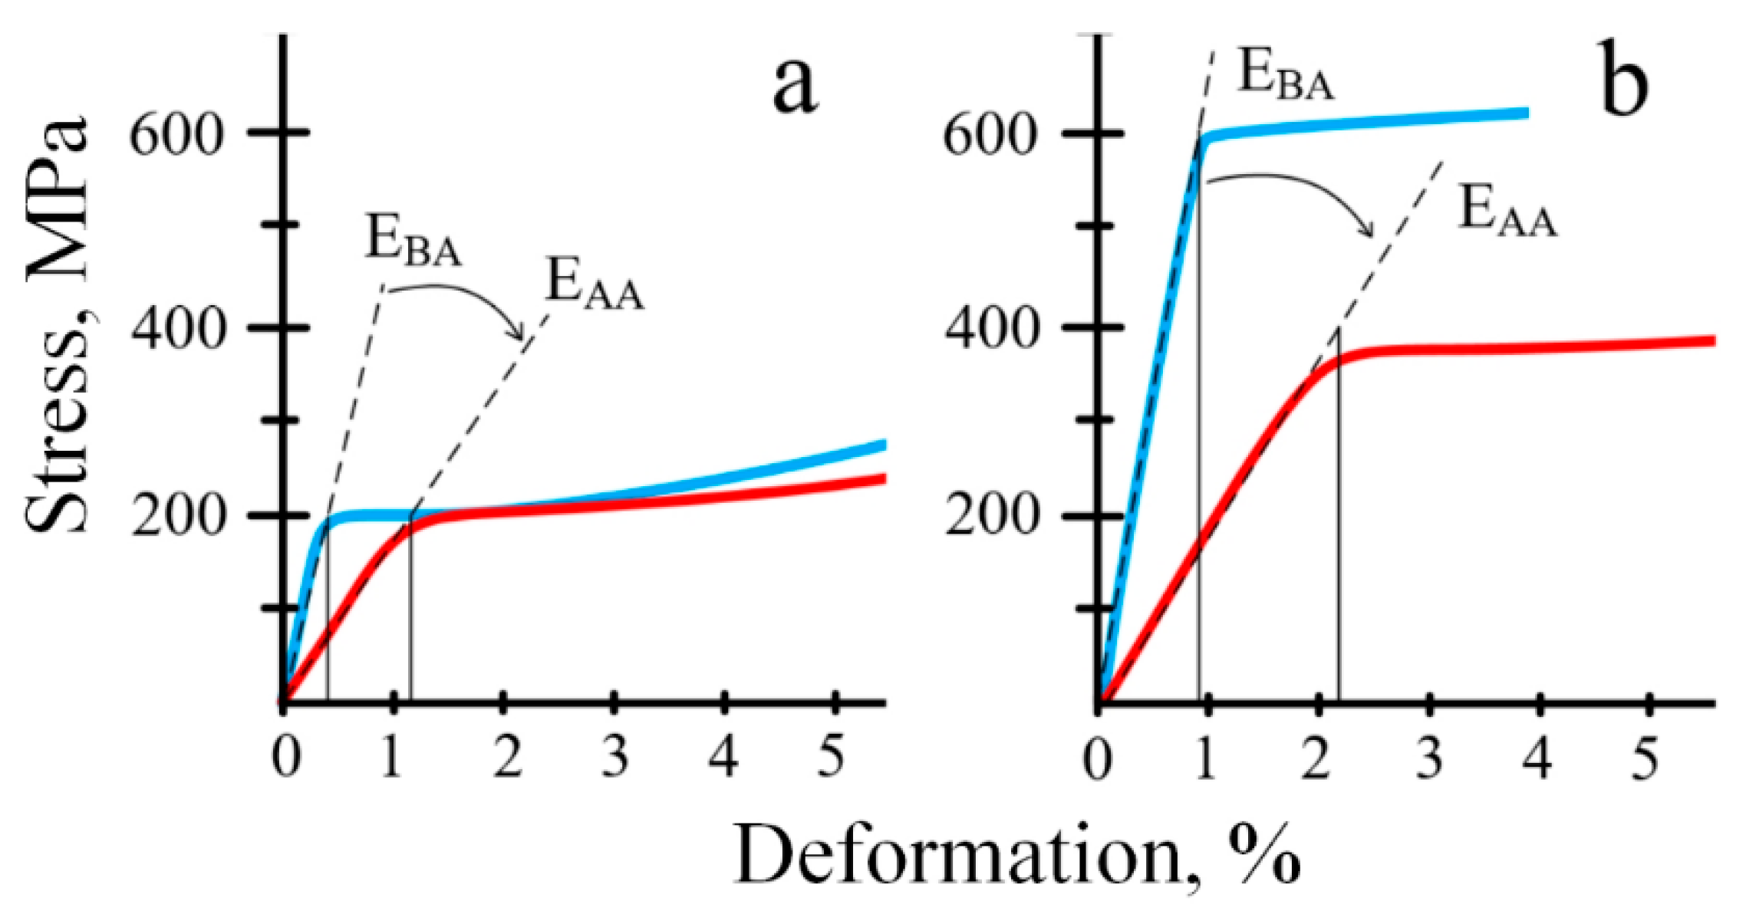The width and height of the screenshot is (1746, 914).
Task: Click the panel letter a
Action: pos(795,86)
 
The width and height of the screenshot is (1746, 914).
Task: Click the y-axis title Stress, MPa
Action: pos(58,326)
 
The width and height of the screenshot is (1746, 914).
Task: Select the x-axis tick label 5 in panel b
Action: pos(1645,759)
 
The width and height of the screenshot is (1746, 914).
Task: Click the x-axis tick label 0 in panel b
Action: pos(1098,759)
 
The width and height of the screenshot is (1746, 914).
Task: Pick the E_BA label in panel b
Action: pos(1286,77)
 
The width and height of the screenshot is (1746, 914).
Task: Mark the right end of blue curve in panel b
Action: pos(1527,113)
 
